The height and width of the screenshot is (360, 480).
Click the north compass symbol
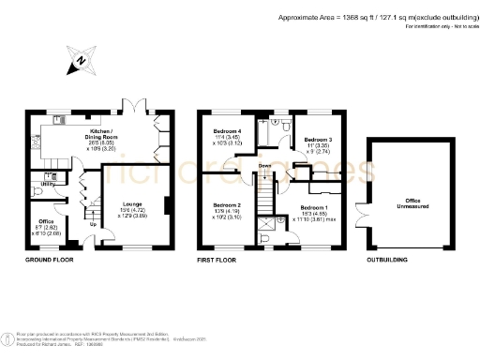[80, 63]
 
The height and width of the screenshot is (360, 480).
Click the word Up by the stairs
[92, 224]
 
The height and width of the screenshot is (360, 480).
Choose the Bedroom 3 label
[312, 140]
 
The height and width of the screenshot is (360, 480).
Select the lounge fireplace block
[166, 206]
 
